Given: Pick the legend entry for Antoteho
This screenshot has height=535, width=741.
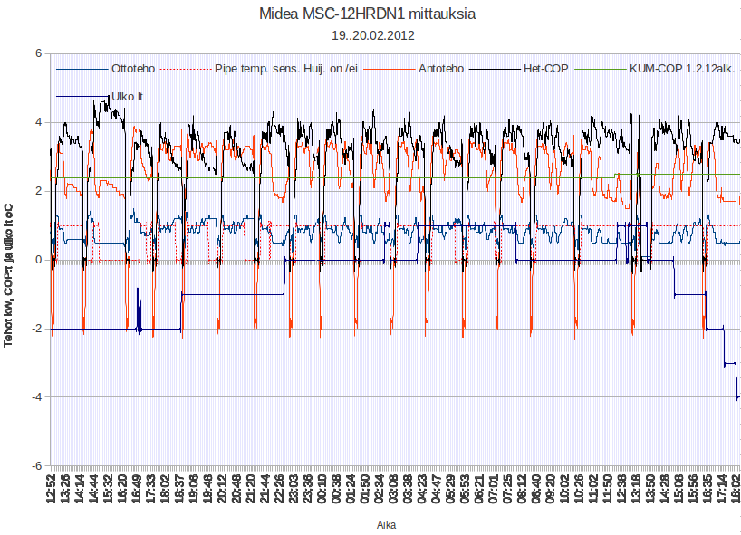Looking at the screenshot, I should (x=441, y=68).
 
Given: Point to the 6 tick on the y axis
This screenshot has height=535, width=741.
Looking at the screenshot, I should (x=38, y=53).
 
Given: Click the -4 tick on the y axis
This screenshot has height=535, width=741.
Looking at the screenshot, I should (x=36, y=397).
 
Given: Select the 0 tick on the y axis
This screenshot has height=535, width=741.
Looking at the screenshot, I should (x=38, y=260).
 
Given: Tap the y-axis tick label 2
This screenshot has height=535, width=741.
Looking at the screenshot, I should (x=38, y=191).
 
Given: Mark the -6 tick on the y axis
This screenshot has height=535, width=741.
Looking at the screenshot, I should (x=36, y=466).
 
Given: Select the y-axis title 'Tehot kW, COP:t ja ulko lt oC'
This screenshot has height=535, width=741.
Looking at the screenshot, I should (x=9, y=261).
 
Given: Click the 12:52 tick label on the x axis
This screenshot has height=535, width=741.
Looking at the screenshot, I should (x=52, y=489).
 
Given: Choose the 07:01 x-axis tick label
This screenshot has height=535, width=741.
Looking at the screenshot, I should (x=493, y=489).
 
